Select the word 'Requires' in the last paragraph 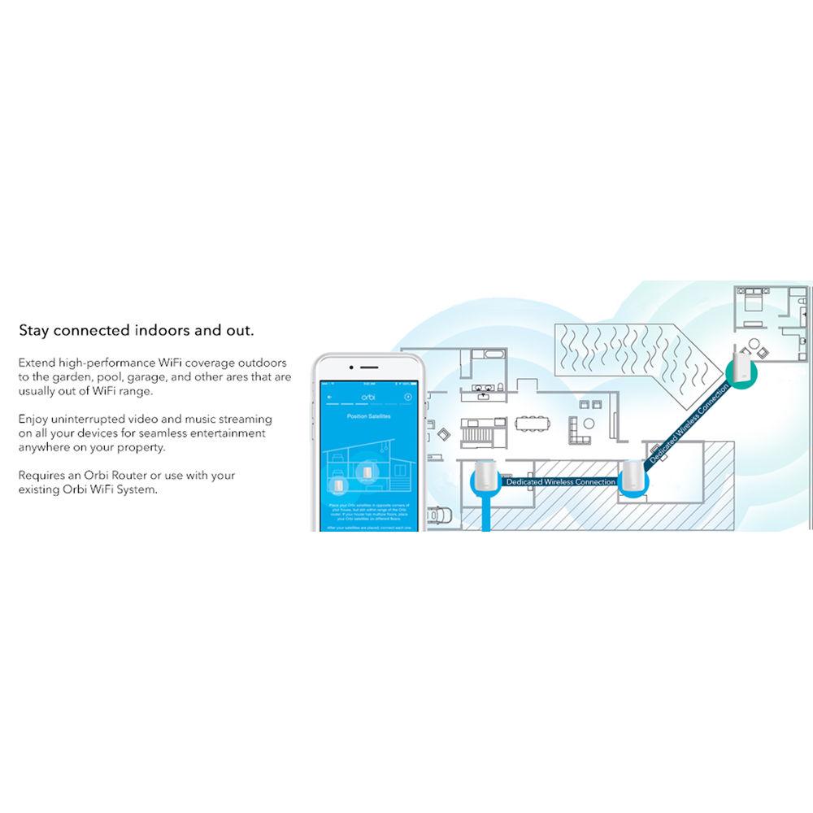[x=41, y=476]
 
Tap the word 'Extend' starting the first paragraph [x=37, y=363]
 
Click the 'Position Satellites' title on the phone [x=363, y=417]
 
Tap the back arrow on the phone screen [x=328, y=397]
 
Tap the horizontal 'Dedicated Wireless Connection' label [x=560, y=482]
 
